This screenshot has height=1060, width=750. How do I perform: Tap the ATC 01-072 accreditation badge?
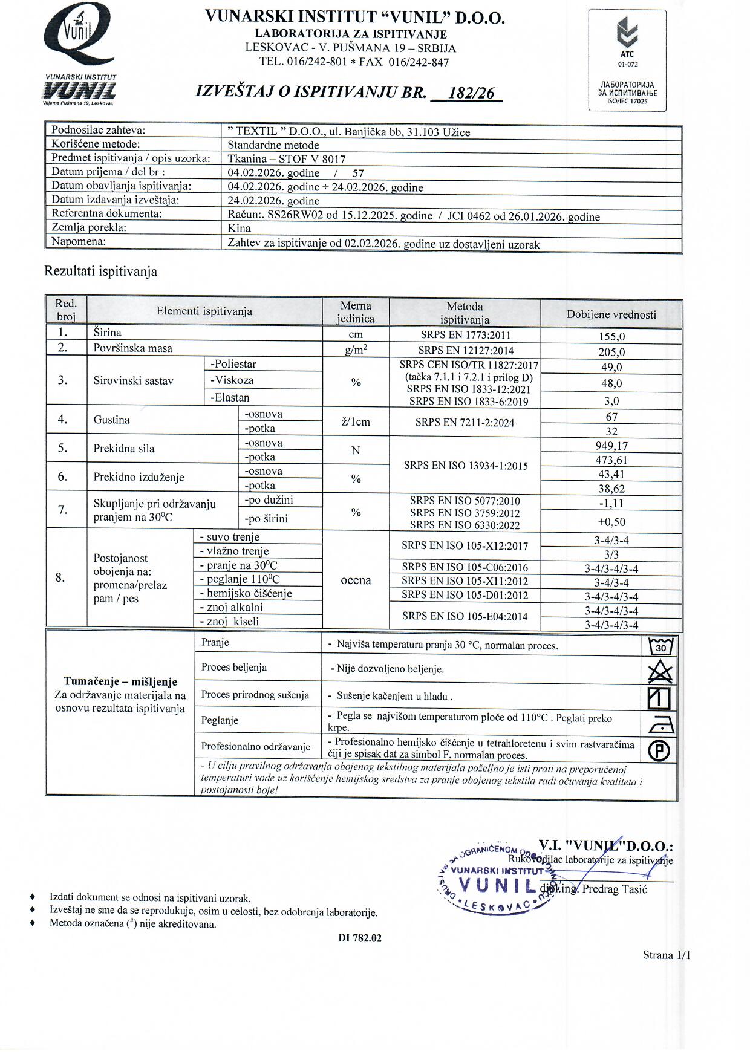click(627, 60)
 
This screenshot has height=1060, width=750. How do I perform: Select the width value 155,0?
click(611, 336)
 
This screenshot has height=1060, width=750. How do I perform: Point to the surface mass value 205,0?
click(611, 352)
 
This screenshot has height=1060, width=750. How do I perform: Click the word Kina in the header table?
click(239, 229)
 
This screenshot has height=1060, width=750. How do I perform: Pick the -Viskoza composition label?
click(232, 380)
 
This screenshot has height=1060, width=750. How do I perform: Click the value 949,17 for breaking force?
click(611, 446)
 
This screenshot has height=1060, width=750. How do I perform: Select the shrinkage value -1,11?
click(611, 503)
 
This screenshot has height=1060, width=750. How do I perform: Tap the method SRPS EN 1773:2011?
click(465, 335)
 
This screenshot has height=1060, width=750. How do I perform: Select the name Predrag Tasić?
click(615, 889)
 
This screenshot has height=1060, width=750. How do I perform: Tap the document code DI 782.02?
click(360, 938)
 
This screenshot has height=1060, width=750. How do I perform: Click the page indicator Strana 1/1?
click(666, 955)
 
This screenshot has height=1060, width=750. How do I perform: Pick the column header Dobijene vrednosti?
click(611, 314)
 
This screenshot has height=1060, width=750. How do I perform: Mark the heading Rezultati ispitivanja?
click(101, 272)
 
